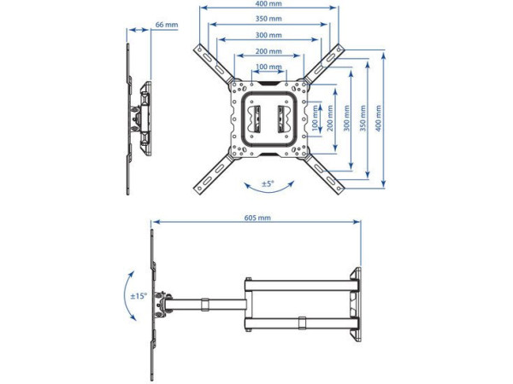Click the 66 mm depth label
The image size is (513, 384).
coord(166,25)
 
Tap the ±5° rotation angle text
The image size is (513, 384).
coord(268,183)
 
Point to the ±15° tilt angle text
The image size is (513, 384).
coord(138,296)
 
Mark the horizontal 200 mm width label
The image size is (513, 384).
coord(268,50)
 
